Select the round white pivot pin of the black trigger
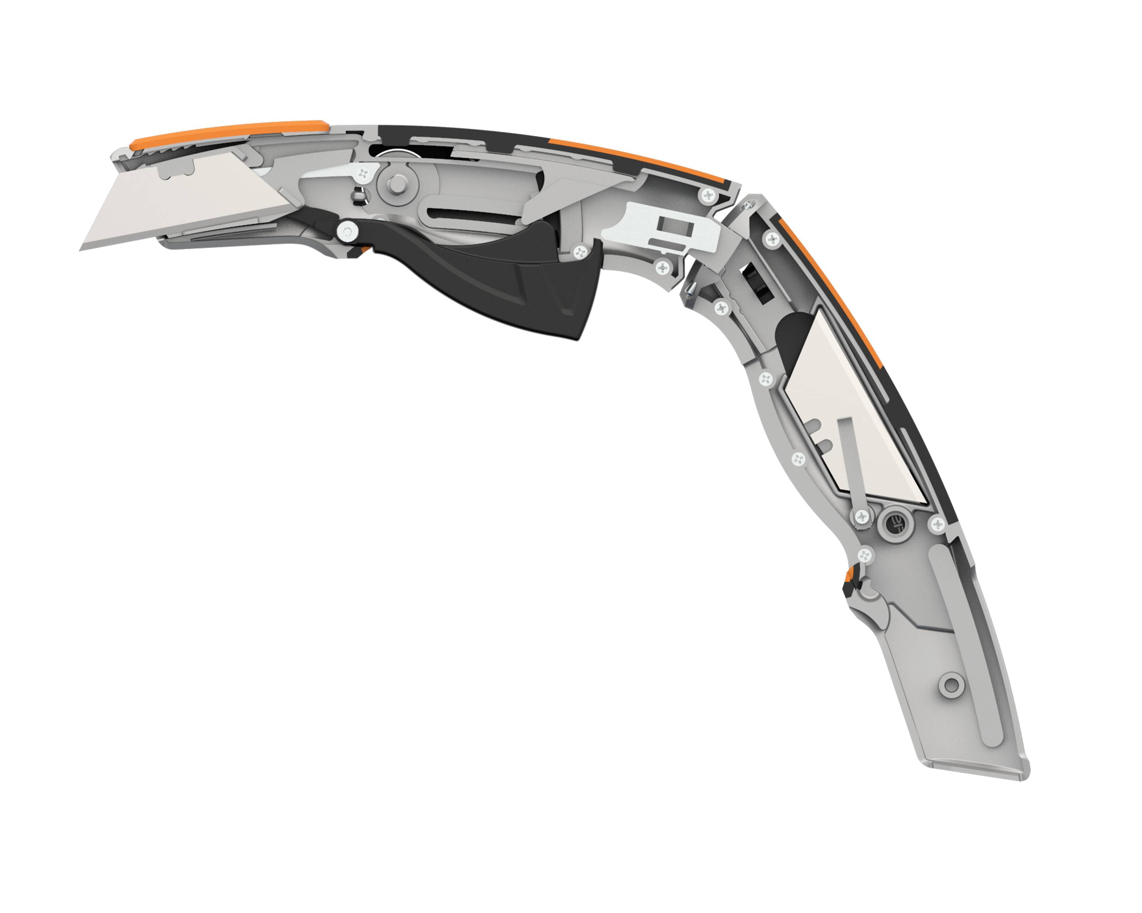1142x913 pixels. (347, 232)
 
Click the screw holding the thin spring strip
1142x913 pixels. (863, 515)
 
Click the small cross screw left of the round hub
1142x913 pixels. (363, 173)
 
